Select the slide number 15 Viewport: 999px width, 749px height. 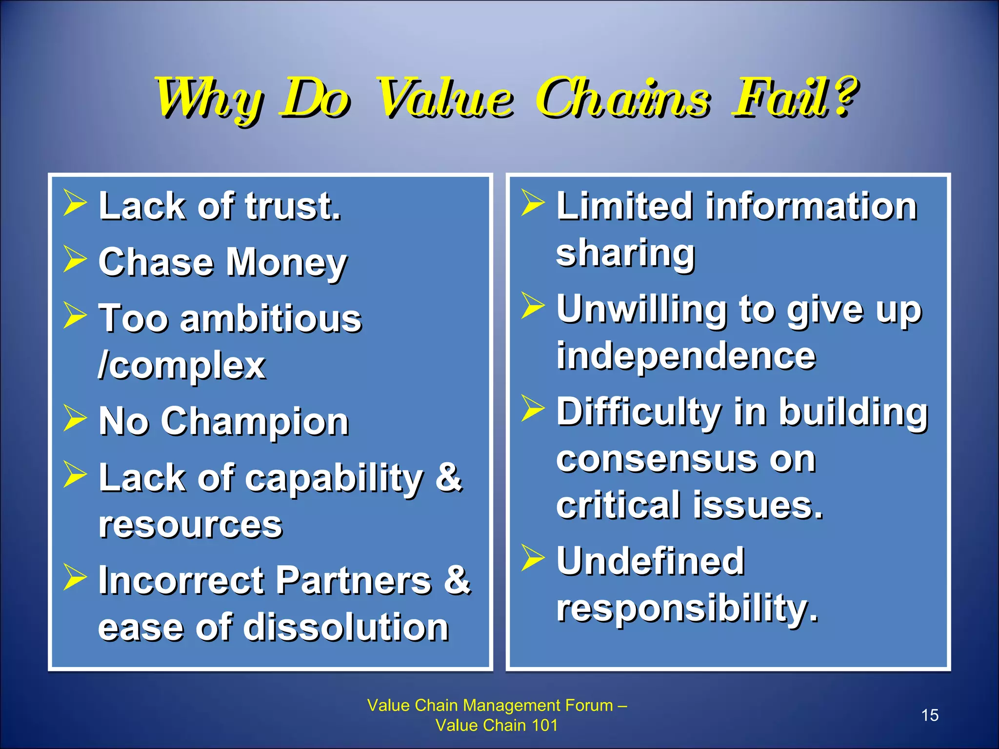click(x=930, y=715)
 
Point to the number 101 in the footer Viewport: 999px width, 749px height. click(x=544, y=725)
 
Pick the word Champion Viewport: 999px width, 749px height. click(x=255, y=422)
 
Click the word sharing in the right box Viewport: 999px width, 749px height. click(x=625, y=254)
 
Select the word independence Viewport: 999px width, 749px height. click(x=686, y=356)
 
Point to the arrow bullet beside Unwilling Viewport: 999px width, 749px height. click(x=532, y=305)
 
